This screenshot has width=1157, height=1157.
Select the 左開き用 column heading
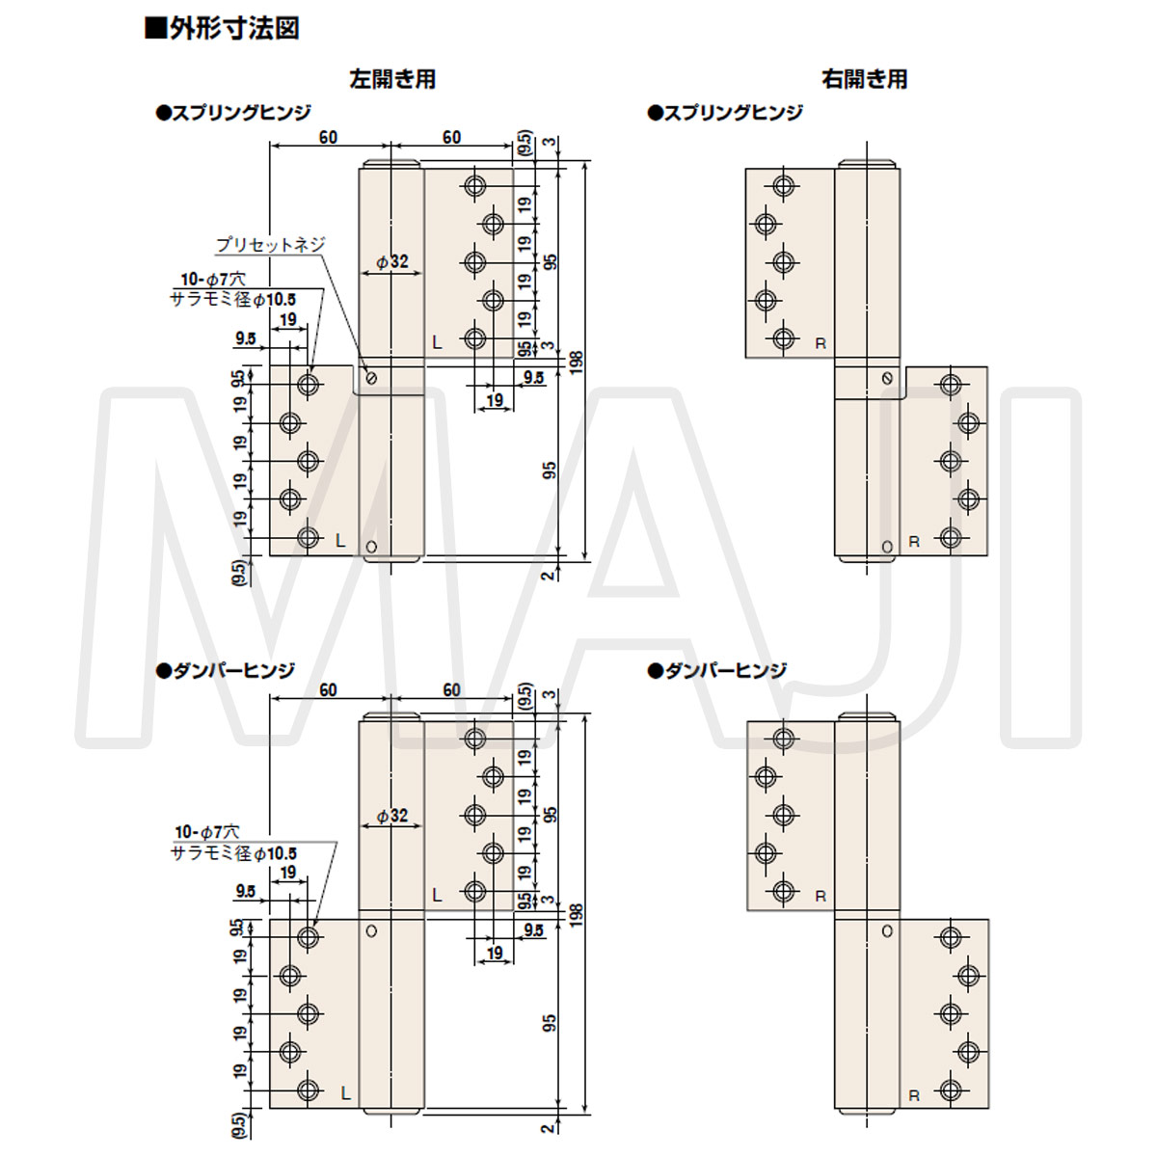[x=392, y=79]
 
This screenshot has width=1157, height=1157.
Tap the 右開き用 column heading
[x=865, y=79]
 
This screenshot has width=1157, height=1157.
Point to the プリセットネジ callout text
[x=270, y=245]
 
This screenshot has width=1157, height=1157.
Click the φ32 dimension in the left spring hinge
[x=392, y=261]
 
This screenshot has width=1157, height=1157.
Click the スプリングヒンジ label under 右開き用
[x=725, y=113]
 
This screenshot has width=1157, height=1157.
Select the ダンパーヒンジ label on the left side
[x=228, y=669]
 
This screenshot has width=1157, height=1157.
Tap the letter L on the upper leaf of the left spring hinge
[x=437, y=341]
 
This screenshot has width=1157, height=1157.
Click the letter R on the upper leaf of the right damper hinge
[x=821, y=897]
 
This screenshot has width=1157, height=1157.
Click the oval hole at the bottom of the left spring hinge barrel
[x=373, y=547]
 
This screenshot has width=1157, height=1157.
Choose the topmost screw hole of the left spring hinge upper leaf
[x=474, y=185]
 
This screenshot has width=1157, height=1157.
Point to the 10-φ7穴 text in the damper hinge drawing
[x=206, y=831]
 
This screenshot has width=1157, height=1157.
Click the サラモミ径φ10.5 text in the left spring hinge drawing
[x=233, y=299]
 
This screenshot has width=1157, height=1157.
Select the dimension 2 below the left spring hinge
[x=549, y=575]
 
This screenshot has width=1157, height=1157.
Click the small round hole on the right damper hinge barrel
[x=887, y=931]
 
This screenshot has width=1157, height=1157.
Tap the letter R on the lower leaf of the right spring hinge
[x=914, y=543]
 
